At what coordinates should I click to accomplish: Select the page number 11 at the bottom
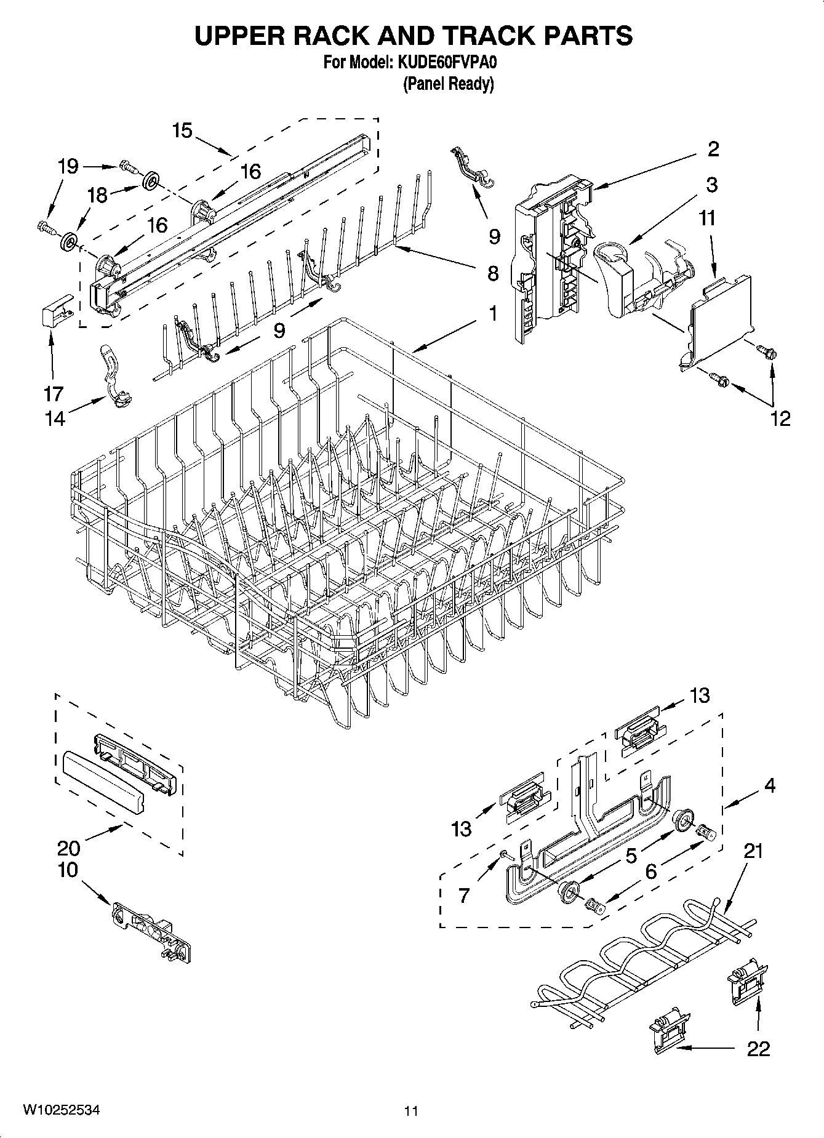tap(411, 1111)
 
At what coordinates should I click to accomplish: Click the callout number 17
tap(53, 393)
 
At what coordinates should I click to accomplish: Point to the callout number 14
tap(54, 419)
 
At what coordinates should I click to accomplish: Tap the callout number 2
tap(713, 149)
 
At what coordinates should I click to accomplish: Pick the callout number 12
tap(780, 419)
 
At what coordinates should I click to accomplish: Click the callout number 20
tap(68, 848)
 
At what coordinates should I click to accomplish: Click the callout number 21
tap(753, 851)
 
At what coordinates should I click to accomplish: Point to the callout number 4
tap(769, 785)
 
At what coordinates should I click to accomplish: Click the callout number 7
tap(464, 896)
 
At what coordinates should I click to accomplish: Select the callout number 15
tap(182, 130)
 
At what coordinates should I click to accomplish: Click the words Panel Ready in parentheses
tap(448, 84)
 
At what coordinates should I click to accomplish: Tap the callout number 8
tap(493, 273)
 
